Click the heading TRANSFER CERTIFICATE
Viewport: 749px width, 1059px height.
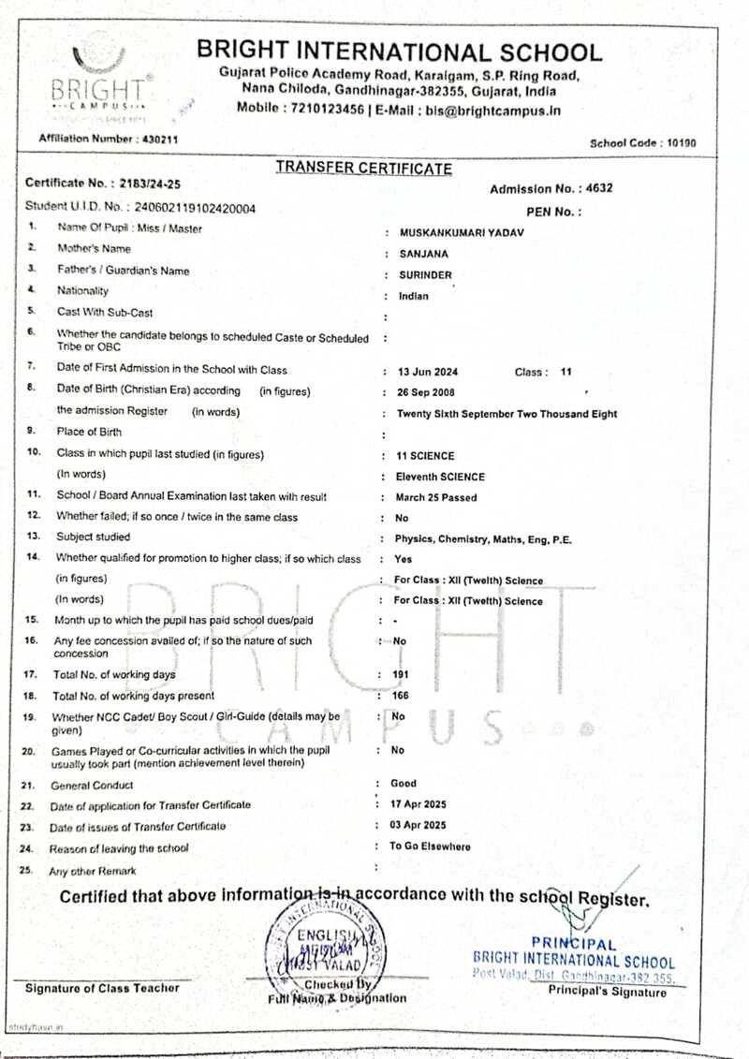coord(363,169)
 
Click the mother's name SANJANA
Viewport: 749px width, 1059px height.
coord(424,253)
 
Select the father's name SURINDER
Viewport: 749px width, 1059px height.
coord(426,275)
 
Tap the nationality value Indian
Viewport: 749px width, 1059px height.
coord(414,297)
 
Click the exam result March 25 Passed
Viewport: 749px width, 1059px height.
coord(436,498)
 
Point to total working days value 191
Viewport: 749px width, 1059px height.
coord(401,675)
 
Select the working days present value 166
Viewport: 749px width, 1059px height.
coord(401,695)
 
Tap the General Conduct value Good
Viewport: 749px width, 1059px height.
coord(404,784)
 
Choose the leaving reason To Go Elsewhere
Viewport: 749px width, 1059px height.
coord(431,846)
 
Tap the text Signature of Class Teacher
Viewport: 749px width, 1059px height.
coord(102,988)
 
